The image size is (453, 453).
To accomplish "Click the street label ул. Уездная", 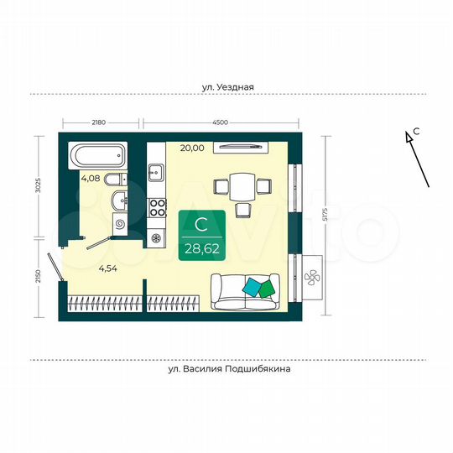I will (227, 86).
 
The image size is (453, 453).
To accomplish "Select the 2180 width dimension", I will (98, 122).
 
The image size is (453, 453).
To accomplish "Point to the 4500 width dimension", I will (221, 122).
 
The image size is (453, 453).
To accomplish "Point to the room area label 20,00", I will (191, 148).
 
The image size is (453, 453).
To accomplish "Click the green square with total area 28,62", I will (201, 236).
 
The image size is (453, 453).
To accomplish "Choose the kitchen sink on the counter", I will (156, 174).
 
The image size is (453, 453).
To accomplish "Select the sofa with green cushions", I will (247, 290).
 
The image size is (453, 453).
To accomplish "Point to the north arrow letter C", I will (415, 133).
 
